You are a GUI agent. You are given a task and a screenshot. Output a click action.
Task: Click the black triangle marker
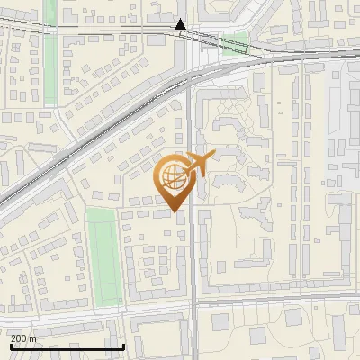pyautogui.click(x=181, y=25)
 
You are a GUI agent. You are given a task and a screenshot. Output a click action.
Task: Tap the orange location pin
pyautogui.click(x=175, y=180)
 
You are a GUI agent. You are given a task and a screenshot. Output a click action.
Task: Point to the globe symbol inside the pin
pyautogui.click(x=171, y=174)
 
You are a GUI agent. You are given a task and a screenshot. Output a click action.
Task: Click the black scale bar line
pyautogui.click(x=67, y=346)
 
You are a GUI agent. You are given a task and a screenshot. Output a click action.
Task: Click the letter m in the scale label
pyautogui.click(x=33, y=338)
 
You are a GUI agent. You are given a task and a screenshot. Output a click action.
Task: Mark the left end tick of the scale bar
pyautogui.click(x=11, y=345)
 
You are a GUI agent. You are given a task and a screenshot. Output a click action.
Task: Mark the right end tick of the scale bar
pyautogui.click(x=122, y=345)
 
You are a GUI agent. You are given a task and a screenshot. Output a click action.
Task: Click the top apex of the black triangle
pyautogui.click(x=181, y=20)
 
